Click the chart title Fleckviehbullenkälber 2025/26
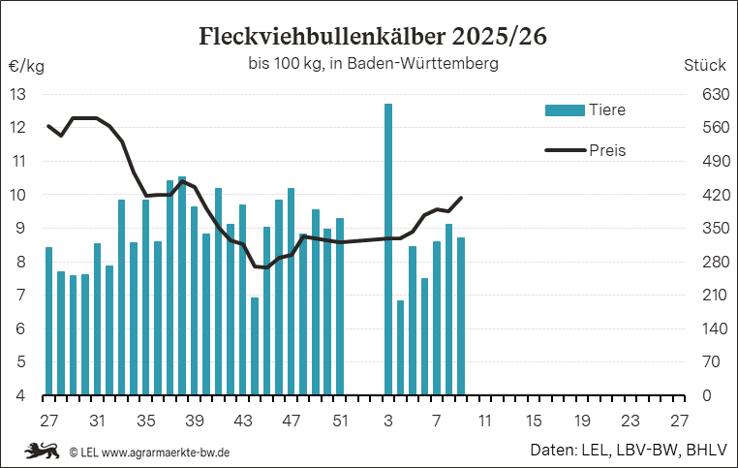[x=372, y=37]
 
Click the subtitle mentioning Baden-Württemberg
[x=372, y=65]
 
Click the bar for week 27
[x=48, y=322]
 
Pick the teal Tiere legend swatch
[x=564, y=109]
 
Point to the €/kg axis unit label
[x=26, y=67]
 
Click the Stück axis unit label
[x=704, y=67]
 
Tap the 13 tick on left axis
[x=18, y=94]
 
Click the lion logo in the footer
[x=42, y=451]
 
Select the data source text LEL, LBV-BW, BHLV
[x=648, y=451]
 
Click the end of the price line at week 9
[x=461, y=198]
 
